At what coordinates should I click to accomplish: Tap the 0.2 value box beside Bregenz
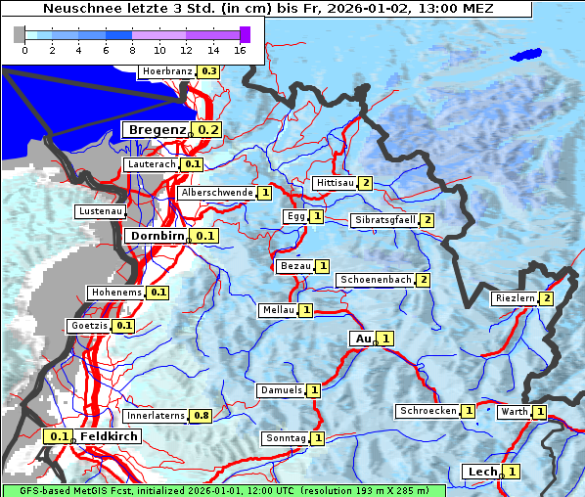coord(208,129)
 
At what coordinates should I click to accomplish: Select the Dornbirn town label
coord(157,236)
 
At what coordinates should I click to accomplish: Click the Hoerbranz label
coord(166,71)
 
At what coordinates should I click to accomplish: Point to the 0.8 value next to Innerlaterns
coord(201,416)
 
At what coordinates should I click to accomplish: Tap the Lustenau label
coord(101,211)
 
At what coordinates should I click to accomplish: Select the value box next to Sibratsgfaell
coord(427,220)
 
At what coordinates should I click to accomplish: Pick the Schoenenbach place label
coord(376,280)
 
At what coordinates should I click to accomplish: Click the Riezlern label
coord(515,298)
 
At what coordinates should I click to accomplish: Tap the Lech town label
coord(482,472)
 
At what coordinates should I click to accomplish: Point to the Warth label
coord(515,412)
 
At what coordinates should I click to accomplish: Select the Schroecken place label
coord(428,411)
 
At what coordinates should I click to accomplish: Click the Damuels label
coord(281,390)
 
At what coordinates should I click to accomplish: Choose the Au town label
coord(363,339)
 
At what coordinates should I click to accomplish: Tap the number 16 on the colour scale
coord(240,49)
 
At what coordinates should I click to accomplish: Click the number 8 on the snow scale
coord(132,49)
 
